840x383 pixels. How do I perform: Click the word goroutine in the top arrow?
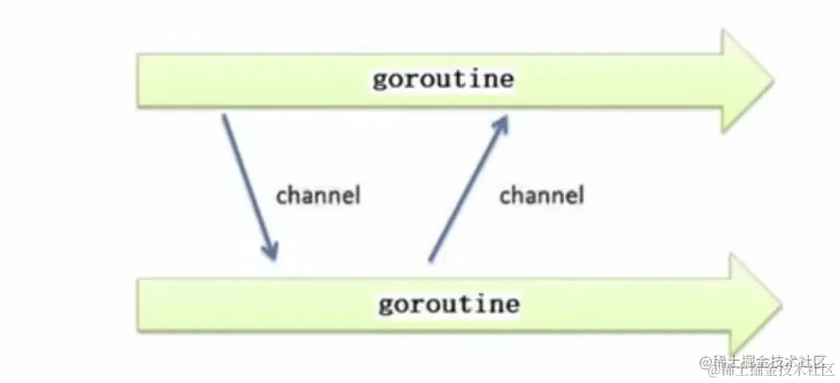[x=443, y=81]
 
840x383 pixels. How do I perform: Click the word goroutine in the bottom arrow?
[x=449, y=305]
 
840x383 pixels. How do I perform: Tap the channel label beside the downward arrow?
[x=318, y=195]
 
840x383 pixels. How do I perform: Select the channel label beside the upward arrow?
[x=542, y=195]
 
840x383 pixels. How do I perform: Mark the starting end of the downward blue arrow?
[x=224, y=116]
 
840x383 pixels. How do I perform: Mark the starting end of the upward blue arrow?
[x=431, y=260]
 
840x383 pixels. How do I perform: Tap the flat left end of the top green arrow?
[x=139, y=81]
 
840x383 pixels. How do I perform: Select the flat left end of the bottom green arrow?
[x=139, y=305]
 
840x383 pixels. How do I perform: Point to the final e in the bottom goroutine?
[x=512, y=305]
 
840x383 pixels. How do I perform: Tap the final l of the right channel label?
[x=580, y=195]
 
